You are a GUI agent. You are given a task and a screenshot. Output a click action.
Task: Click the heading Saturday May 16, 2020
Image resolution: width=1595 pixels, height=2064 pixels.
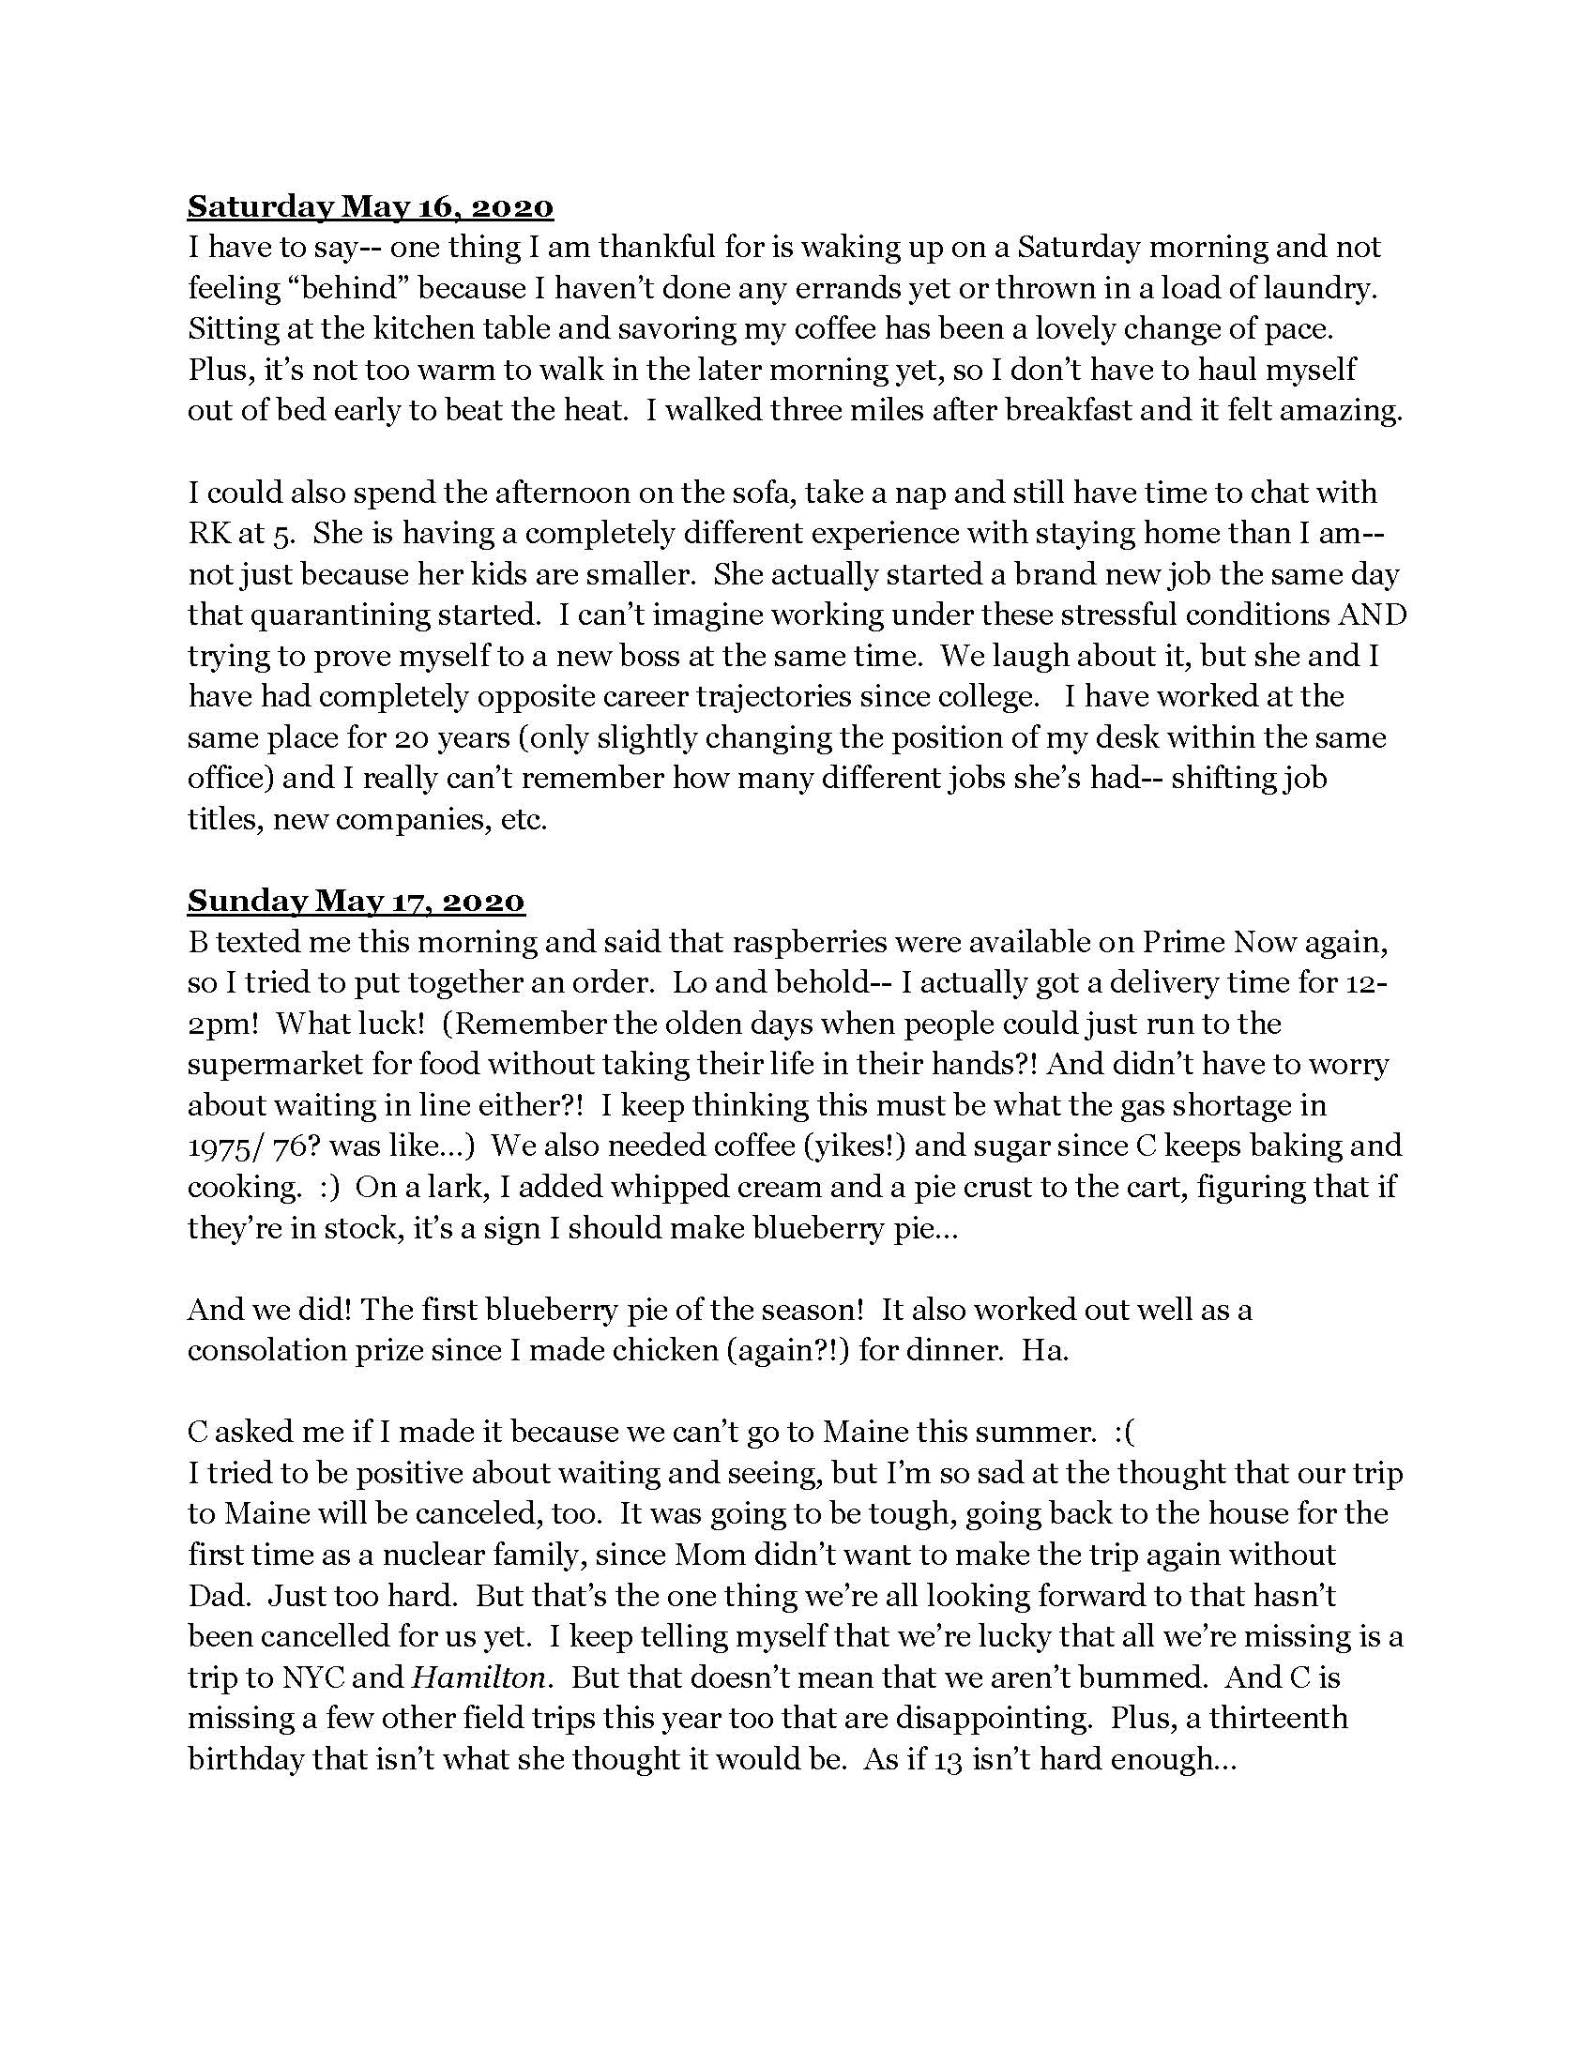tap(370, 206)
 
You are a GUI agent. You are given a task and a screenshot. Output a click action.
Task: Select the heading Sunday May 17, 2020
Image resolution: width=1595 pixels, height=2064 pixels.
tap(356, 901)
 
